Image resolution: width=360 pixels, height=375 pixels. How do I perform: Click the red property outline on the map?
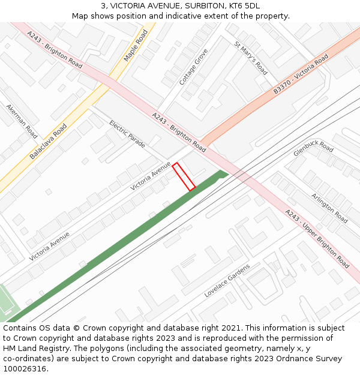[x=184, y=176]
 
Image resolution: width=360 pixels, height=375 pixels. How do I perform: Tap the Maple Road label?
[x=136, y=46]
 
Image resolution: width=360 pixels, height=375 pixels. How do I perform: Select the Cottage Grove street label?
[x=193, y=66]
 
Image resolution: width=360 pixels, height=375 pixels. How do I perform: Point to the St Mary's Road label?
[x=251, y=58]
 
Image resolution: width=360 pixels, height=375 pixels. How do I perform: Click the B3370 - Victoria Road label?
[x=301, y=74]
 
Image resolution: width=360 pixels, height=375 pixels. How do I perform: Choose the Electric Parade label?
[x=127, y=134]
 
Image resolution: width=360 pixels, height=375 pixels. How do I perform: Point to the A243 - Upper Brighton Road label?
[x=317, y=238]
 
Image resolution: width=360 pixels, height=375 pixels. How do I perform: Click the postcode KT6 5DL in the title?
[x=244, y=5]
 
